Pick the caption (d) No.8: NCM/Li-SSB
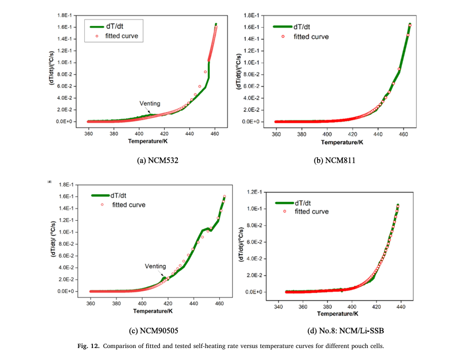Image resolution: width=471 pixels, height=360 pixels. [x=348, y=330]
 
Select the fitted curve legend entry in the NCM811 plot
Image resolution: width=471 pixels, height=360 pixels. [x=311, y=36]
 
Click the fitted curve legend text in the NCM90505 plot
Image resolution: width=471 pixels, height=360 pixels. [x=129, y=204]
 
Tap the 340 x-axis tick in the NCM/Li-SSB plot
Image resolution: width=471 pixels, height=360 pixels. [x=278, y=307]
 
